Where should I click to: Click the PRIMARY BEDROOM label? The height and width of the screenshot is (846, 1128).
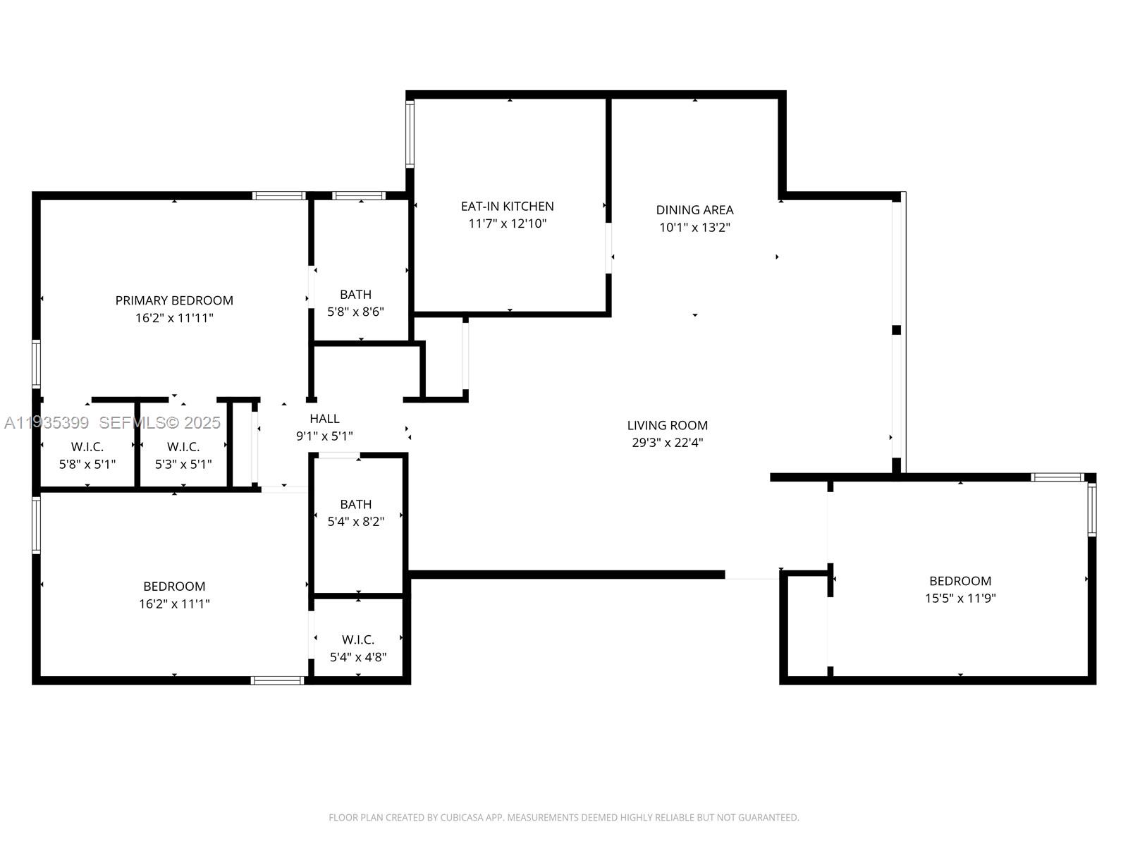coord(174,300)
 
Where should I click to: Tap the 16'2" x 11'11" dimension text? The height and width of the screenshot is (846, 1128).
coord(174,318)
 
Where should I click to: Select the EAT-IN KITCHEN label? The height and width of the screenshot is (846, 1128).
coord(507,207)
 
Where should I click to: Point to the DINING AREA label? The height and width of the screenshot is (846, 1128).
coord(694,210)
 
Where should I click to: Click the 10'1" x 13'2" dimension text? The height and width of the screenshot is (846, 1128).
coord(694,228)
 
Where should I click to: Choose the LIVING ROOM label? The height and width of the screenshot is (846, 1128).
coord(667,425)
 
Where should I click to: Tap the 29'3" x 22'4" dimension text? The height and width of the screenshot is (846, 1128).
coord(667,443)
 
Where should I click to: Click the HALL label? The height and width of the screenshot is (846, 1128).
coord(324,419)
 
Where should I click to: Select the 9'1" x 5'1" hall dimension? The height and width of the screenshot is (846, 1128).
coord(324,436)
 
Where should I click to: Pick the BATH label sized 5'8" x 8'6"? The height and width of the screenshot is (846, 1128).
coord(355,295)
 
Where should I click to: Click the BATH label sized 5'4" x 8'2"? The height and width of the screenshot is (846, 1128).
coord(355,504)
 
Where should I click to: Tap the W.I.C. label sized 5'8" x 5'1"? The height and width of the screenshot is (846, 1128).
coord(87,447)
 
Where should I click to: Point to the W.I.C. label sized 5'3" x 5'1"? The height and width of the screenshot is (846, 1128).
coord(183,447)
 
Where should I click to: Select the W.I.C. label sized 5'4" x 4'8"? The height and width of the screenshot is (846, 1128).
coord(358,639)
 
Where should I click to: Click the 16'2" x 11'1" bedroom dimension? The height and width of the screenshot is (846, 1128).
coord(174,604)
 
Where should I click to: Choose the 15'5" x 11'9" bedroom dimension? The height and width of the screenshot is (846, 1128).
coord(960,599)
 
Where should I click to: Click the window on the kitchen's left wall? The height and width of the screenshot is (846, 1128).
coord(410,134)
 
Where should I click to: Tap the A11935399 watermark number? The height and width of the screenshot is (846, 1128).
coord(47,423)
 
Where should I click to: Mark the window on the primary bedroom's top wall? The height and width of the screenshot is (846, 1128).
coord(279,196)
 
